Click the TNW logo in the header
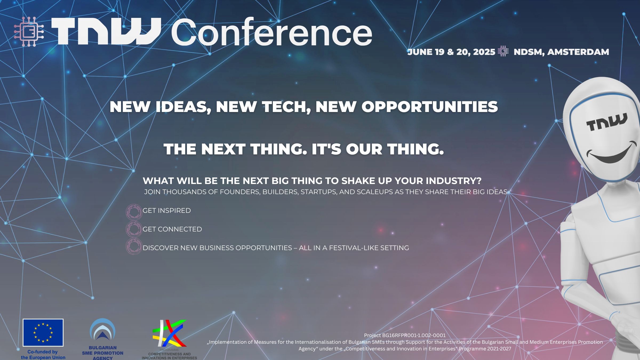[x=106, y=31]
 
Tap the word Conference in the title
[x=271, y=33]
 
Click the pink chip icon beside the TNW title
[x=29, y=31]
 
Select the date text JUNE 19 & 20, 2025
[x=451, y=52]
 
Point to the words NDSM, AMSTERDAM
[x=561, y=52]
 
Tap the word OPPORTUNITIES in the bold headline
[x=430, y=107]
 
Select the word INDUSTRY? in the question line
[x=453, y=181]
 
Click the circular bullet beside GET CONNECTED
[x=134, y=229]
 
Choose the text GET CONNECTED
[x=172, y=229]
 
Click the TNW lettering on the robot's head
[x=607, y=122]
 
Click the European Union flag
[x=43, y=333]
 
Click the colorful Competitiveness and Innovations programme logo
[x=169, y=333]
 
